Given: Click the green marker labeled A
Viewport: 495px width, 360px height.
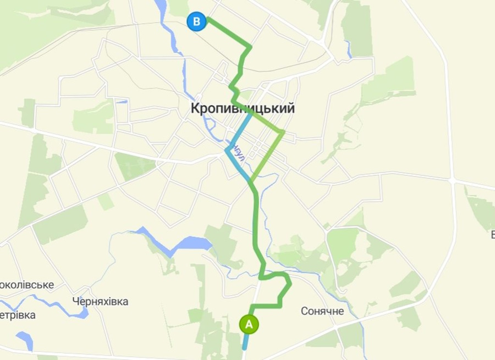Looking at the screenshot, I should (x=249, y=324).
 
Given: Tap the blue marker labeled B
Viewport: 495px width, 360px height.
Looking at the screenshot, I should (x=196, y=22).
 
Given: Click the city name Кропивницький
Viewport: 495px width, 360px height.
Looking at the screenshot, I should (x=243, y=108).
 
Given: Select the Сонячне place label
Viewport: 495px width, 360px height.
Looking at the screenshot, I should (x=322, y=311).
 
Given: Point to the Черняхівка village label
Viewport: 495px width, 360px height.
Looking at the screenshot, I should (x=100, y=301).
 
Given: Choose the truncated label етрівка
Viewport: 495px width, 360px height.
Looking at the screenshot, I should (x=18, y=315).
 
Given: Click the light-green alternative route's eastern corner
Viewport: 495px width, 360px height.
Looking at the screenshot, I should (x=283, y=131).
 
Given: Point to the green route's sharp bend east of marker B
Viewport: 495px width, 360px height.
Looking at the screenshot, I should (x=251, y=47).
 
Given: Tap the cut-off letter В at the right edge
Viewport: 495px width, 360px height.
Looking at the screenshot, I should (x=492, y=235).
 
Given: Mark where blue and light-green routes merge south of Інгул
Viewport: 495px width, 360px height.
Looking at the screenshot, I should (x=251, y=181).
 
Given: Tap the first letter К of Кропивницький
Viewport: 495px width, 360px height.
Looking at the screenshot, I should (x=195, y=108).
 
